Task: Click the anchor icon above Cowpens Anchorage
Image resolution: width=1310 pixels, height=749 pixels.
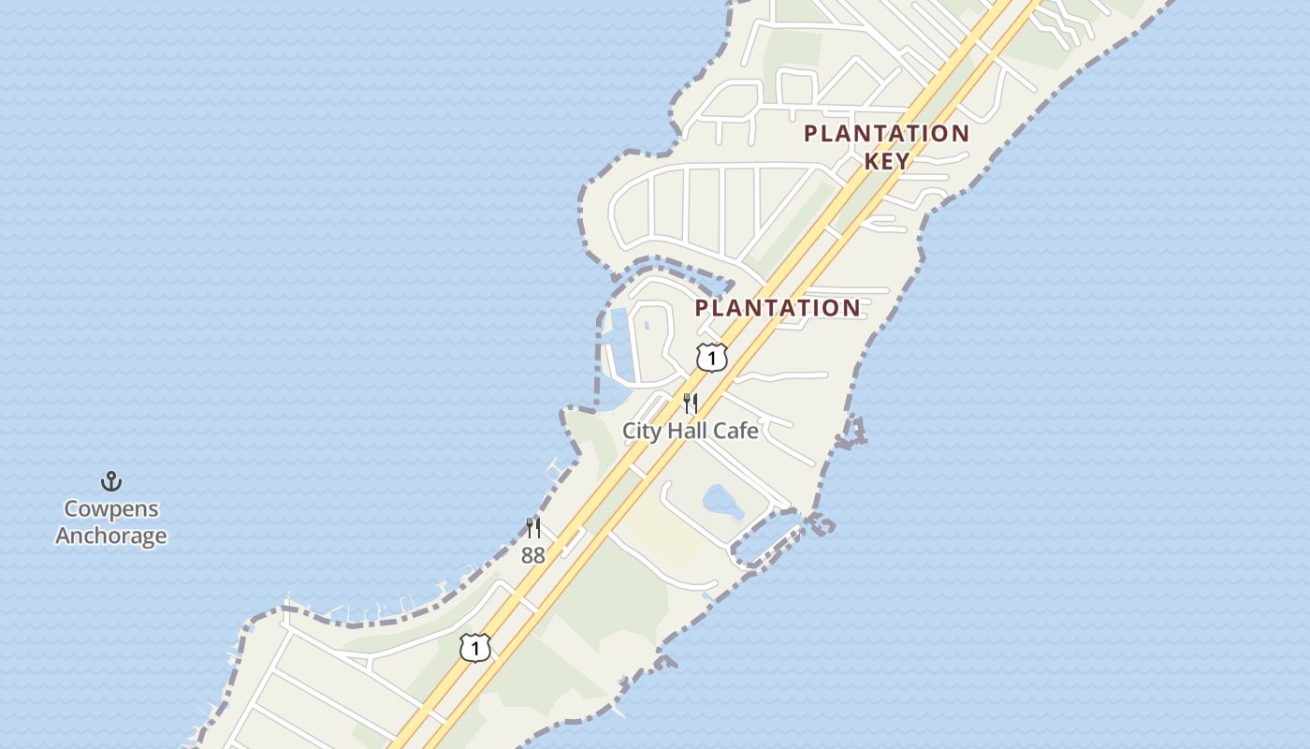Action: click(111, 482)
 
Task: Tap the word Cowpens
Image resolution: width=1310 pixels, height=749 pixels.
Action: click(111, 509)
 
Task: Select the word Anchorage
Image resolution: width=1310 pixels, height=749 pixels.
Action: click(111, 536)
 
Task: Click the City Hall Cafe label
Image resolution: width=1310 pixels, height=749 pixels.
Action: click(691, 431)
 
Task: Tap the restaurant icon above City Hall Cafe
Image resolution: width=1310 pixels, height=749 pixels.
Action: click(691, 404)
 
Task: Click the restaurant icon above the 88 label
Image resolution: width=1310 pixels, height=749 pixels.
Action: click(533, 528)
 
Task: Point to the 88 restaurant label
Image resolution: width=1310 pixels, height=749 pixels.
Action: click(533, 555)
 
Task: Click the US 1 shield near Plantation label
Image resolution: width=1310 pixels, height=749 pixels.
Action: click(712, 358)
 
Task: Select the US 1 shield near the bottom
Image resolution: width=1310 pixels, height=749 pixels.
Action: click(475, 647)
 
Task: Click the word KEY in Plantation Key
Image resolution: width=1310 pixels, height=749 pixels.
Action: click(887, 160)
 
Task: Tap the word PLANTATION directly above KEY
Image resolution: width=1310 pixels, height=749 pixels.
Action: click(887, 133)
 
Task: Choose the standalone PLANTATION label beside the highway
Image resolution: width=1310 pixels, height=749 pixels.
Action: click(778, 308)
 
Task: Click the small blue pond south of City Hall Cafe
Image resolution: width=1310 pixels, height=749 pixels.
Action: click(721, 504)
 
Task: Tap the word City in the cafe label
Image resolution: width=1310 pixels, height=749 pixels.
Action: click(641, 431)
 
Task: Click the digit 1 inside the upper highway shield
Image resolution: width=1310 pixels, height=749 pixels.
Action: click(712, 358)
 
